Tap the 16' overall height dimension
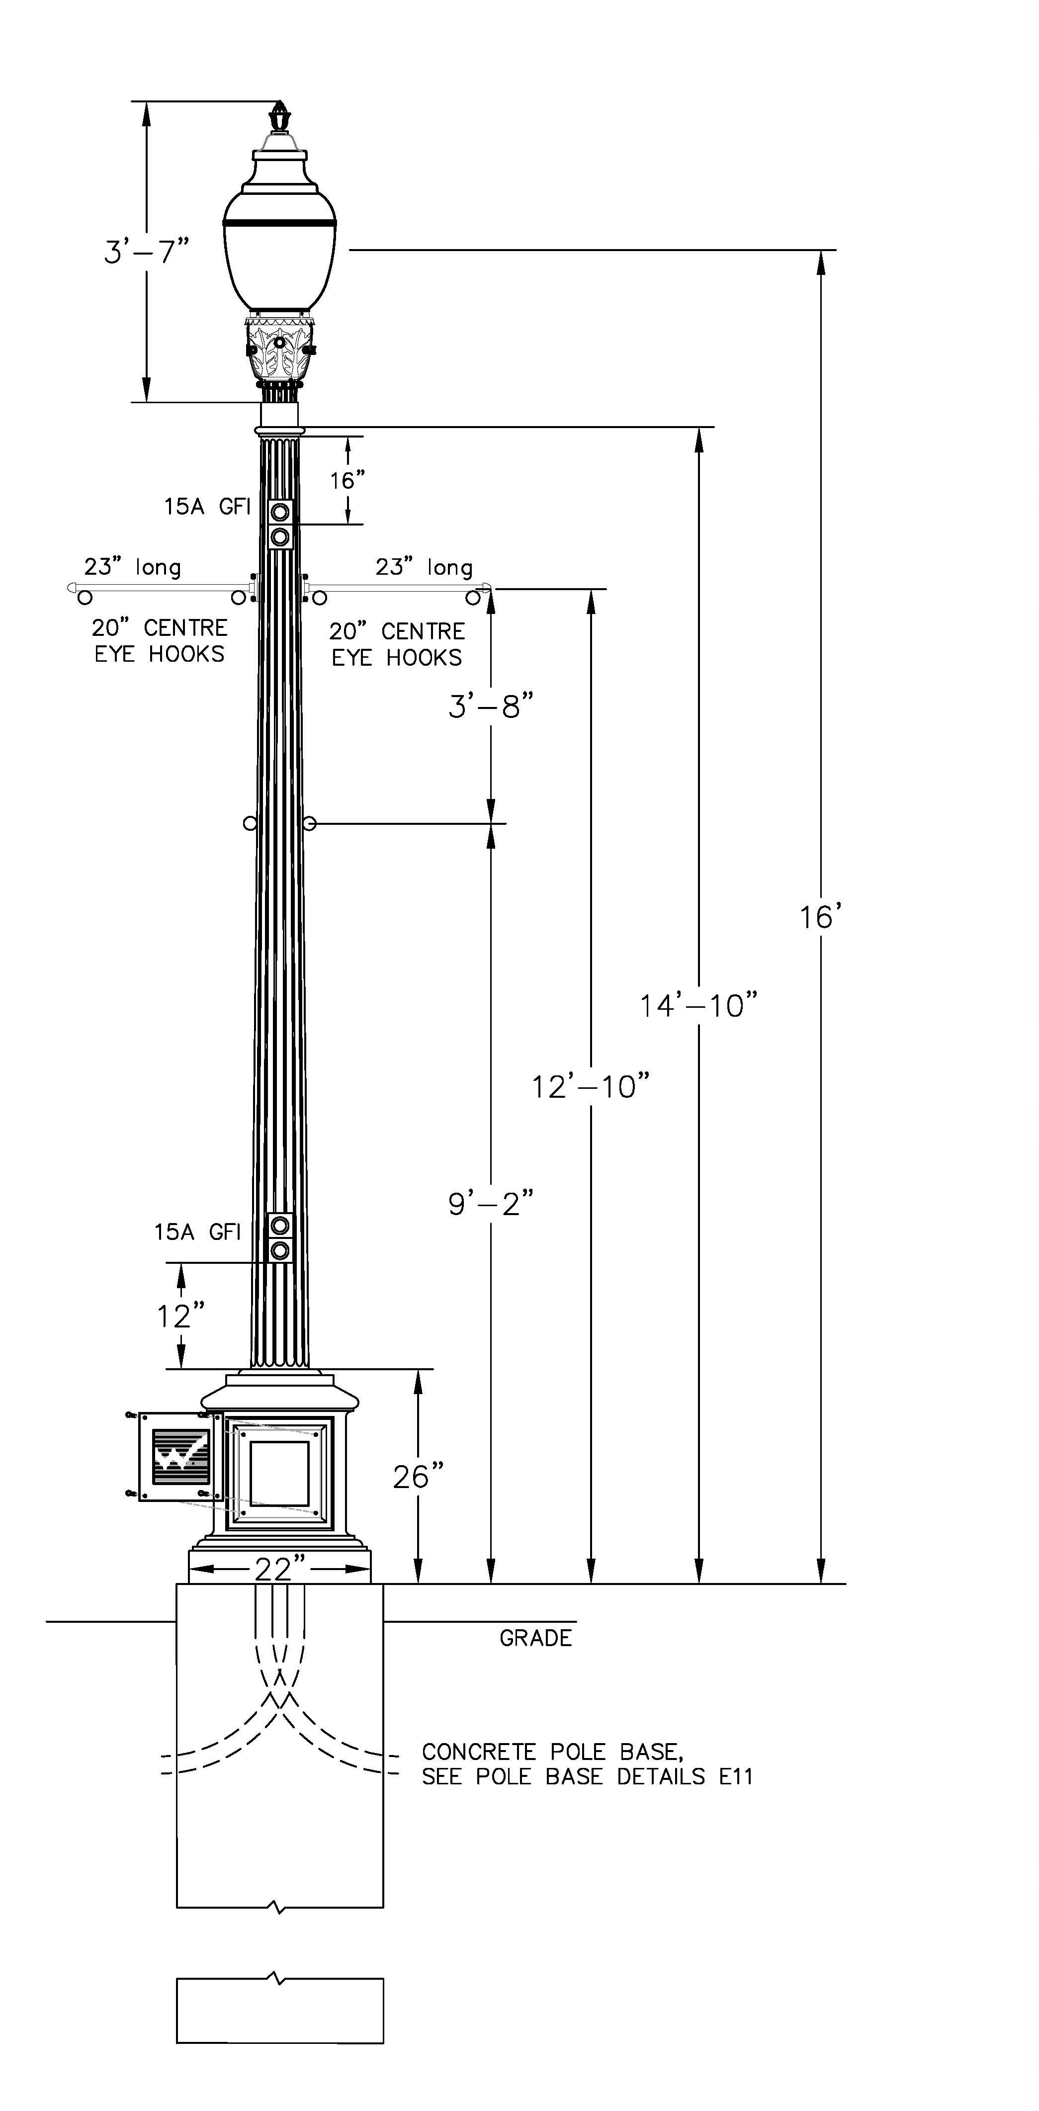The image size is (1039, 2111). tap(820, 917)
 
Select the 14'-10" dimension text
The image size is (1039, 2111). tap(698, 1005)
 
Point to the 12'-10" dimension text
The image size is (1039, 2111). tap(591, 1087)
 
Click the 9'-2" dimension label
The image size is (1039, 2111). tap(491, 1204)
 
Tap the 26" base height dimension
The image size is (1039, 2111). tap(418, 1477)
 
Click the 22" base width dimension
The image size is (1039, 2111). tap(278, 1569)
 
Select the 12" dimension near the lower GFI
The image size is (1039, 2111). tap(180, 1316)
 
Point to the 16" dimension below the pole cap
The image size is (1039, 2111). tap(347, 480)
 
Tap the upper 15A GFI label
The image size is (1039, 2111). tap(207, 507)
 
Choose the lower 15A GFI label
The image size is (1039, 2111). tap(197, 1231)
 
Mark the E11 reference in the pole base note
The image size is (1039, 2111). tap(735, 1776)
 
